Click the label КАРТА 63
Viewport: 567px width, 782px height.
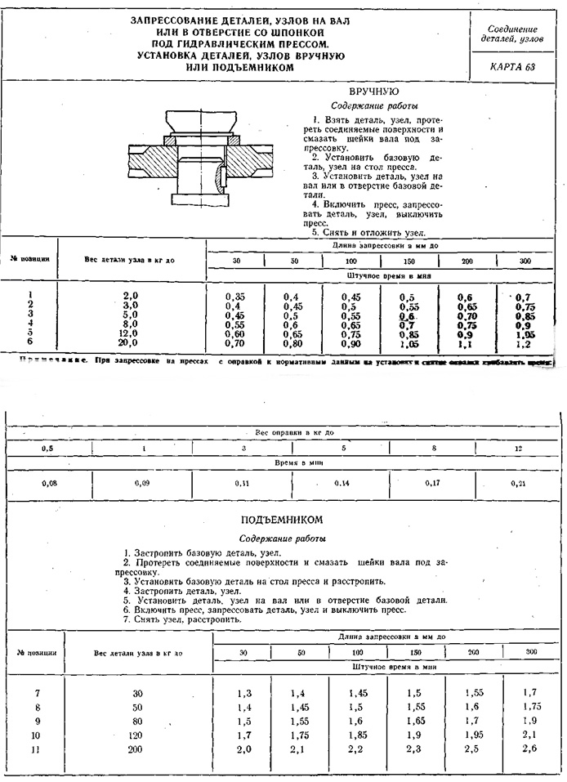click(x=513, y=66)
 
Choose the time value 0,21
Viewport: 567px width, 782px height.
click(x=518, y=484)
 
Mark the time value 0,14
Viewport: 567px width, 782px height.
click(x=342, y=484)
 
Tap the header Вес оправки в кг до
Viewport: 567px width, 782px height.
click(x=283, y=432)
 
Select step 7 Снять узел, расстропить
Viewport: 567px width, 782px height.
click(x=182, y=619)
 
